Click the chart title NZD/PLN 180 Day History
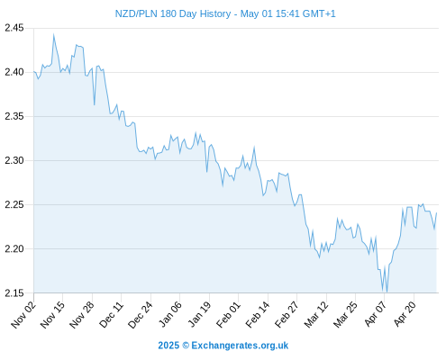click(173, 13)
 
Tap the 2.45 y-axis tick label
click(14, 28)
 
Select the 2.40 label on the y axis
click(14, 72)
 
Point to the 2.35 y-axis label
click(14, 116)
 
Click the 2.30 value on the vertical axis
click(14, 160)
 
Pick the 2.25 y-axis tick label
click(14, 204)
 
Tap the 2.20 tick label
click(14, 248)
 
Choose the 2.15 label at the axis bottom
click(14, 293)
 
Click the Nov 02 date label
click(23, 315)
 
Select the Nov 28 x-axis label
click(82, 315)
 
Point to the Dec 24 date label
click(141, 315)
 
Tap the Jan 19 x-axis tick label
click(199, 315)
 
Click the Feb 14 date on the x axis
click(258, 315)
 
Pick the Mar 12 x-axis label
click(316, 315)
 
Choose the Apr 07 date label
click(375, 314)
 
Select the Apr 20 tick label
click(405, 314)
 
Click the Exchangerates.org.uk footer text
click(240, 346)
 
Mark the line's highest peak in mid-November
click(54, 35)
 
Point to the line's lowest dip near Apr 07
click(387, 292)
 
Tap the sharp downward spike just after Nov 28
click(95, 104)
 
